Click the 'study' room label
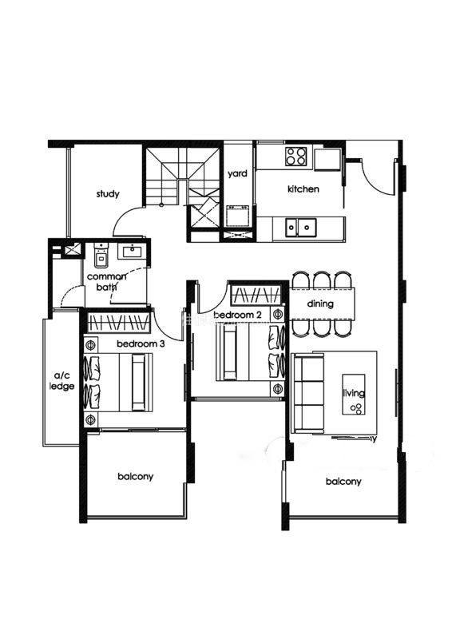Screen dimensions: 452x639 coord(108,193)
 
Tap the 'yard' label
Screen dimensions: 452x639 coord(237,173)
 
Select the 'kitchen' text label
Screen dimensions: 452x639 coord(303,189)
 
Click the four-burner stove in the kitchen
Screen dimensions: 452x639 coord(296,156)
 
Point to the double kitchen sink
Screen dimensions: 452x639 coord(301,228)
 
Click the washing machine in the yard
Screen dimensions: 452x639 coord(238,215)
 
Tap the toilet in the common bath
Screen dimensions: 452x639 coord(101,255)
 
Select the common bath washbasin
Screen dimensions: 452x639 coord(132,251)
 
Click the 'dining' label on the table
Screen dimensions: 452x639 coord(320,304)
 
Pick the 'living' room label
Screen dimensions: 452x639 coord(353,393)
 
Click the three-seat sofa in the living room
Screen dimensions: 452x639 coord(307,394)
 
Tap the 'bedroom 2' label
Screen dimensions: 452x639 coord(238,315)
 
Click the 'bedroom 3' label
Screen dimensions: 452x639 coord(141,344)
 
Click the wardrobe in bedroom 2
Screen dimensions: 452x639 coord(256,294)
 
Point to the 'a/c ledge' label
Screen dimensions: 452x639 coord(62,381)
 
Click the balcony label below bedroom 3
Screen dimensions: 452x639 coord(135,476)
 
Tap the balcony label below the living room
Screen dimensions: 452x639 coord(343,482)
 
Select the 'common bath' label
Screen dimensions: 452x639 coord(107,282)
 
